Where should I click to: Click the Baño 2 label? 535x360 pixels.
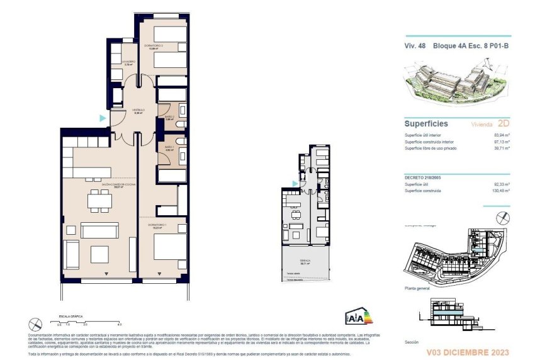(x=169, y=117)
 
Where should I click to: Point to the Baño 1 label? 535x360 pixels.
(x=169, y=149)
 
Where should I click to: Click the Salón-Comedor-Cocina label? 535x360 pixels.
(x=99, y=186)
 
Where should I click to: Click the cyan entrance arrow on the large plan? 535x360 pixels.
(x=102, y=118)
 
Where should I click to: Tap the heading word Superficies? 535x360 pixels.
(x=425, y=124)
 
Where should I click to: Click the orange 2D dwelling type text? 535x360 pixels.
(x=502, y=124)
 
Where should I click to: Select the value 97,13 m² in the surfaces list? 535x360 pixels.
(x=501, y=142)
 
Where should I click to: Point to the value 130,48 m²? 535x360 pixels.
(x=500, y=190)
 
